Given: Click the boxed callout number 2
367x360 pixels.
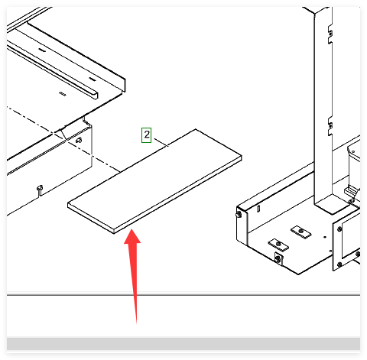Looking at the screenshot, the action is click(146, 135).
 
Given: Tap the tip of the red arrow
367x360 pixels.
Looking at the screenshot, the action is click(132, 229).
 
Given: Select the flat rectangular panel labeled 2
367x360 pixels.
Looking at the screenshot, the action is click(154, 181).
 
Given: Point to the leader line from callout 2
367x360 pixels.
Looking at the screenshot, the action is click(161, 142).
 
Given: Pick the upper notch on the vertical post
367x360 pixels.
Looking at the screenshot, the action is click(330, 34).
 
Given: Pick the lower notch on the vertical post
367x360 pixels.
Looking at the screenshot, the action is click(330, 126).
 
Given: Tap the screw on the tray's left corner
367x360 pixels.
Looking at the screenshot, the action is click(239, 215).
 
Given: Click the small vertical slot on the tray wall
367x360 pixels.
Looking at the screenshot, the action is click(258, 209).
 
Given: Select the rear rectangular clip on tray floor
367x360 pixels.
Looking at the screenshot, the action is click(301, 232).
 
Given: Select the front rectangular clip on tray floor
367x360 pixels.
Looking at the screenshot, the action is click(278, 245).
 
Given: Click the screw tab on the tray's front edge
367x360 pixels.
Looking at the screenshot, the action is click(278, 258).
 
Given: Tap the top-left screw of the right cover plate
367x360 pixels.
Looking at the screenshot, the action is click(339, 229).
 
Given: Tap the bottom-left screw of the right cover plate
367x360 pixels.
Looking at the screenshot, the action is click(339, 264).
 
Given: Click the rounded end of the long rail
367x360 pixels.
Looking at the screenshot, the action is click(94, 95).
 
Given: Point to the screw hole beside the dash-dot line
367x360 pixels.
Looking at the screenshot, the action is click(79, 140).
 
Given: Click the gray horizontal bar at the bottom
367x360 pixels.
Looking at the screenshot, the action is click(183, 344).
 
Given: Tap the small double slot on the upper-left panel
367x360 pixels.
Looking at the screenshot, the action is click(63, 94).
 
